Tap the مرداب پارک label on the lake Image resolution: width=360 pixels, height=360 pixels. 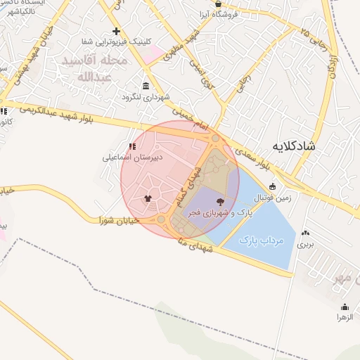click(x=261, y=240)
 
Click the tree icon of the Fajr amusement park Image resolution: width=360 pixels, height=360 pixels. click(x=220, y=201)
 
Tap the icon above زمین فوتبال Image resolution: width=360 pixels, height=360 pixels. click(x=272, y=187)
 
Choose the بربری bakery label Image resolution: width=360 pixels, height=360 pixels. click(x=304, y=245)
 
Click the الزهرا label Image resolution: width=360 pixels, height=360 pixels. click(x=345, y=318)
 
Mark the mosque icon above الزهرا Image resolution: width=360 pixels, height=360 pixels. click(x=345, y=307)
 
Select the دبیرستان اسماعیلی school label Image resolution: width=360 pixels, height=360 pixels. click(x=132, y=157)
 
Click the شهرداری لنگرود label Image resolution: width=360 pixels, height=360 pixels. click(x=146, y=96)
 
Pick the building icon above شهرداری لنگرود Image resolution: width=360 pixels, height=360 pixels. click(x=146, y=85)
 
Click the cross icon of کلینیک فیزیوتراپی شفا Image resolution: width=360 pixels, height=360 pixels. click(x=116, y=31)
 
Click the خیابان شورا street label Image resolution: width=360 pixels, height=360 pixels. click(x=119, y=220)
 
